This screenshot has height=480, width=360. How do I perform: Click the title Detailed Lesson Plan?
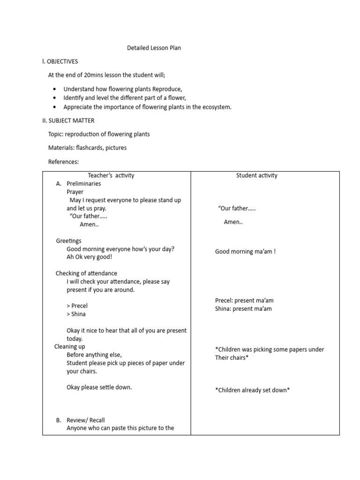click(154, 48)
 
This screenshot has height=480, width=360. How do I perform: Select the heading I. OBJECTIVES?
click(60, 61)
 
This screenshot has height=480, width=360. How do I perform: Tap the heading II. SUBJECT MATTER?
click(68, 120)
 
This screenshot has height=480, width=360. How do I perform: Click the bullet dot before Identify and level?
click(55, 98)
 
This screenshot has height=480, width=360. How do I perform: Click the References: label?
click(63, 162)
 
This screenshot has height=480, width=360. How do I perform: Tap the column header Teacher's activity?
click(111, 175)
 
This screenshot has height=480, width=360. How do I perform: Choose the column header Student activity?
click(256, 175)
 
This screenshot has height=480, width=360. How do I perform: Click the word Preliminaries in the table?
click(84, 184)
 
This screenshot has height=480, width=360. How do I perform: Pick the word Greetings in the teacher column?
click(68, 241)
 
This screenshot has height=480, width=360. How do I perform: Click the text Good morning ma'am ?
click(245, 252)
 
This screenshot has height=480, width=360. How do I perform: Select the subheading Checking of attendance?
click(86, 273)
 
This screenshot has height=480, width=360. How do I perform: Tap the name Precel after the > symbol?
click(80, 306)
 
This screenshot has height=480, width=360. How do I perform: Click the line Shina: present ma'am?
click(243, 309)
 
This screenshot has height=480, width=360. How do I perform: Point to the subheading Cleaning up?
click(70, 347)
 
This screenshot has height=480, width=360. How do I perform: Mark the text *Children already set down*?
click(252, 390)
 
